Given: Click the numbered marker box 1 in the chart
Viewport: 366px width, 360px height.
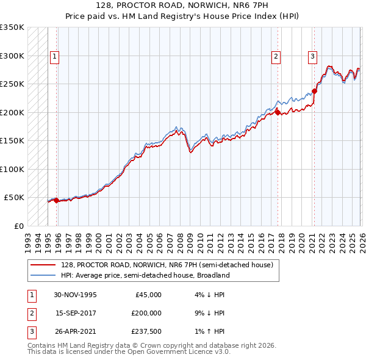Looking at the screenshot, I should pyautogui.click(x=54, y=57).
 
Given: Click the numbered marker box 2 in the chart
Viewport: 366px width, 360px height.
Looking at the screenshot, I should pyautogui.click(x=276, y=57).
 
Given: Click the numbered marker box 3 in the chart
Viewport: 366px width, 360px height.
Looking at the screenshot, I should pyautogui.click(x=312, y=57).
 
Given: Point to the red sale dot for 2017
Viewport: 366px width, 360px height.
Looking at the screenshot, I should pyautogui.click(x=278, y=112).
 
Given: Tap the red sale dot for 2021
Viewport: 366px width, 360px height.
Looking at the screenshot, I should pyautogui.click(x=315, y=92).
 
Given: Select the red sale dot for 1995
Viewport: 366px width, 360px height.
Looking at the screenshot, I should pyautogui.click(x=56, y=200).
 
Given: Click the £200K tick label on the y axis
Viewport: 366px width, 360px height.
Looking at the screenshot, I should pyautogui.click(x=12, y=112).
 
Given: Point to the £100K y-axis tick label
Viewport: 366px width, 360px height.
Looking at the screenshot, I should pyautogui.click(x=12, y=169).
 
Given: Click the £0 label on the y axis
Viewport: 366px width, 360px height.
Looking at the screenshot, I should pyautogui.click(x=17, y=226).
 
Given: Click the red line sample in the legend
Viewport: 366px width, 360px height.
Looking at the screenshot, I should pyautogui.click(x=44, y=264).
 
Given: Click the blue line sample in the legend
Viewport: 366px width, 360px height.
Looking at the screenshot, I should pyautogui.click(x=44, y=275).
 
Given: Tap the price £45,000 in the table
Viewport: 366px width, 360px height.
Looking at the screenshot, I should pyautogui.click(x=148, y=295).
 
